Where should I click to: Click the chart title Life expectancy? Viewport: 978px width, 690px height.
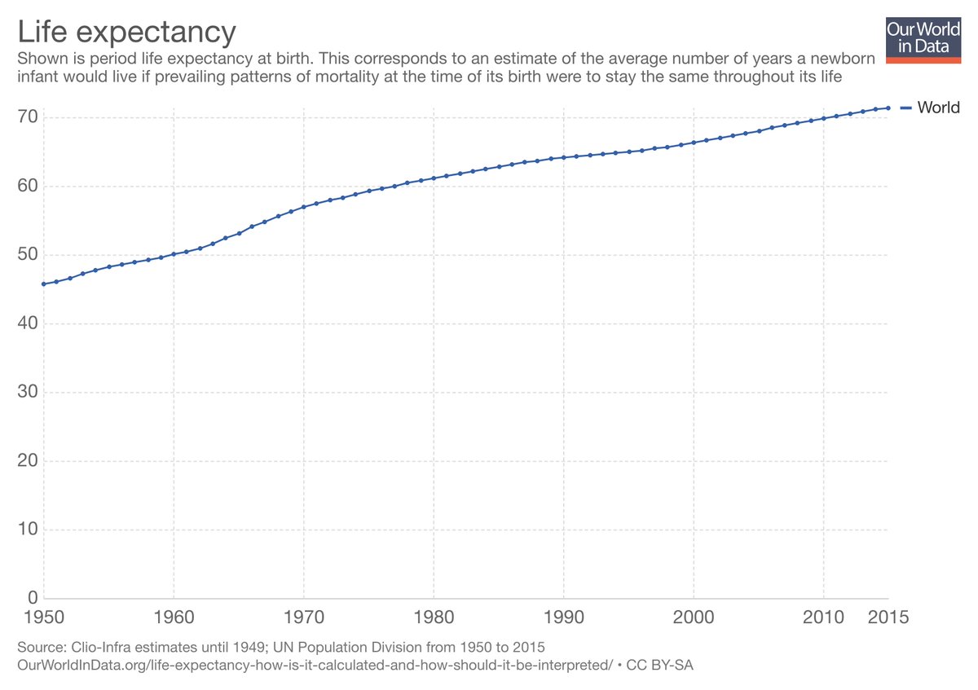127,32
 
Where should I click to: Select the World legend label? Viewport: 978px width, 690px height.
938,108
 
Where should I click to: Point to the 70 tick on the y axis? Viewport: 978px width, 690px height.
29,117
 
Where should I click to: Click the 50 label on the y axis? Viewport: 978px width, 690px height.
29,255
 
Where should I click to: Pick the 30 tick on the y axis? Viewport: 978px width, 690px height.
29,392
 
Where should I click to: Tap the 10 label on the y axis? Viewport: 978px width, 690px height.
29,530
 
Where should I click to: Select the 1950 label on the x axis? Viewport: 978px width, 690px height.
42,618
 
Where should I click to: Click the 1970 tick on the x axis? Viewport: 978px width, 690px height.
303,618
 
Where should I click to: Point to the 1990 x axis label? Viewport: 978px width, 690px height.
563,618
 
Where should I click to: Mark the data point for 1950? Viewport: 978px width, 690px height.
42,283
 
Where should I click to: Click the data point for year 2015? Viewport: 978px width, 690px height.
888,108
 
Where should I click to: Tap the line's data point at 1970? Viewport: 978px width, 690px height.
303,207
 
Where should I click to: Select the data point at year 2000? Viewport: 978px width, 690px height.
694,143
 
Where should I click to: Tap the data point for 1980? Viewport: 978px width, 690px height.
434,178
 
